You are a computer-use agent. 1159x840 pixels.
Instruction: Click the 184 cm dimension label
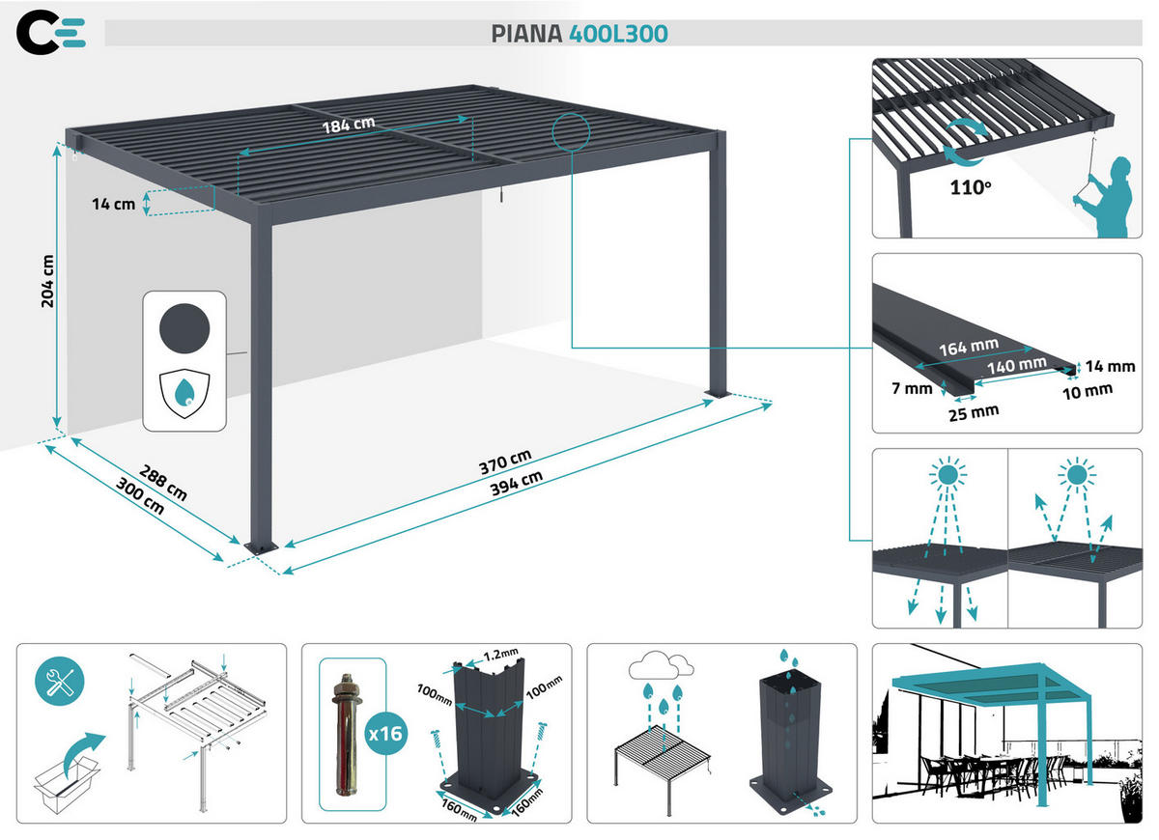pyautogui.click(x=348, y=125)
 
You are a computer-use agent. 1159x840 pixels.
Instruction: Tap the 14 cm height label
pyautogui.click(x=113, y=204)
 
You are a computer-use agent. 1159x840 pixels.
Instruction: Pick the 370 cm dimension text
pyautogui.click(x=505, y=457)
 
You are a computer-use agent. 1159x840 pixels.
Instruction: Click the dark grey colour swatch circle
pyautogui.click(x=184, y=324)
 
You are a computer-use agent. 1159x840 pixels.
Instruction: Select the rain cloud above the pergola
pyautogui.click(x=661, y=667)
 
